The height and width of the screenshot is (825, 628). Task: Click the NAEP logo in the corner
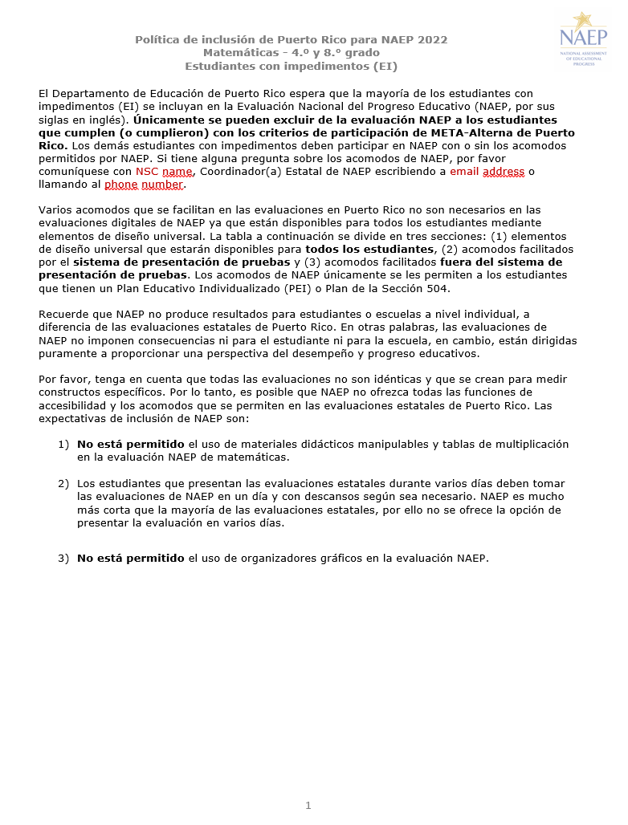[584, 38]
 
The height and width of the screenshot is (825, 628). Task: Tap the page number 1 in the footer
[308, 805]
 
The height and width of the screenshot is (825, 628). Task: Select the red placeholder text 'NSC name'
[164, 172]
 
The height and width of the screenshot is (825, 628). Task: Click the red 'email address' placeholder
[487, 172]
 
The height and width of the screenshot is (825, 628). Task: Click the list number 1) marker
[63, 444]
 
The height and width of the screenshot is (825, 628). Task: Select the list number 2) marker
[63, 483]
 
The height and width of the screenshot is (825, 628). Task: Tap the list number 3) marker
[63, 558]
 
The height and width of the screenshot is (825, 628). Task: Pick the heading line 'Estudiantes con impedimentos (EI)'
[292, 66]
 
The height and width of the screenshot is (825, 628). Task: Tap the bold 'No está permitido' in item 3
[131, 558]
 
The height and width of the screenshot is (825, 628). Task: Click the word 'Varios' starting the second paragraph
[55, 210]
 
